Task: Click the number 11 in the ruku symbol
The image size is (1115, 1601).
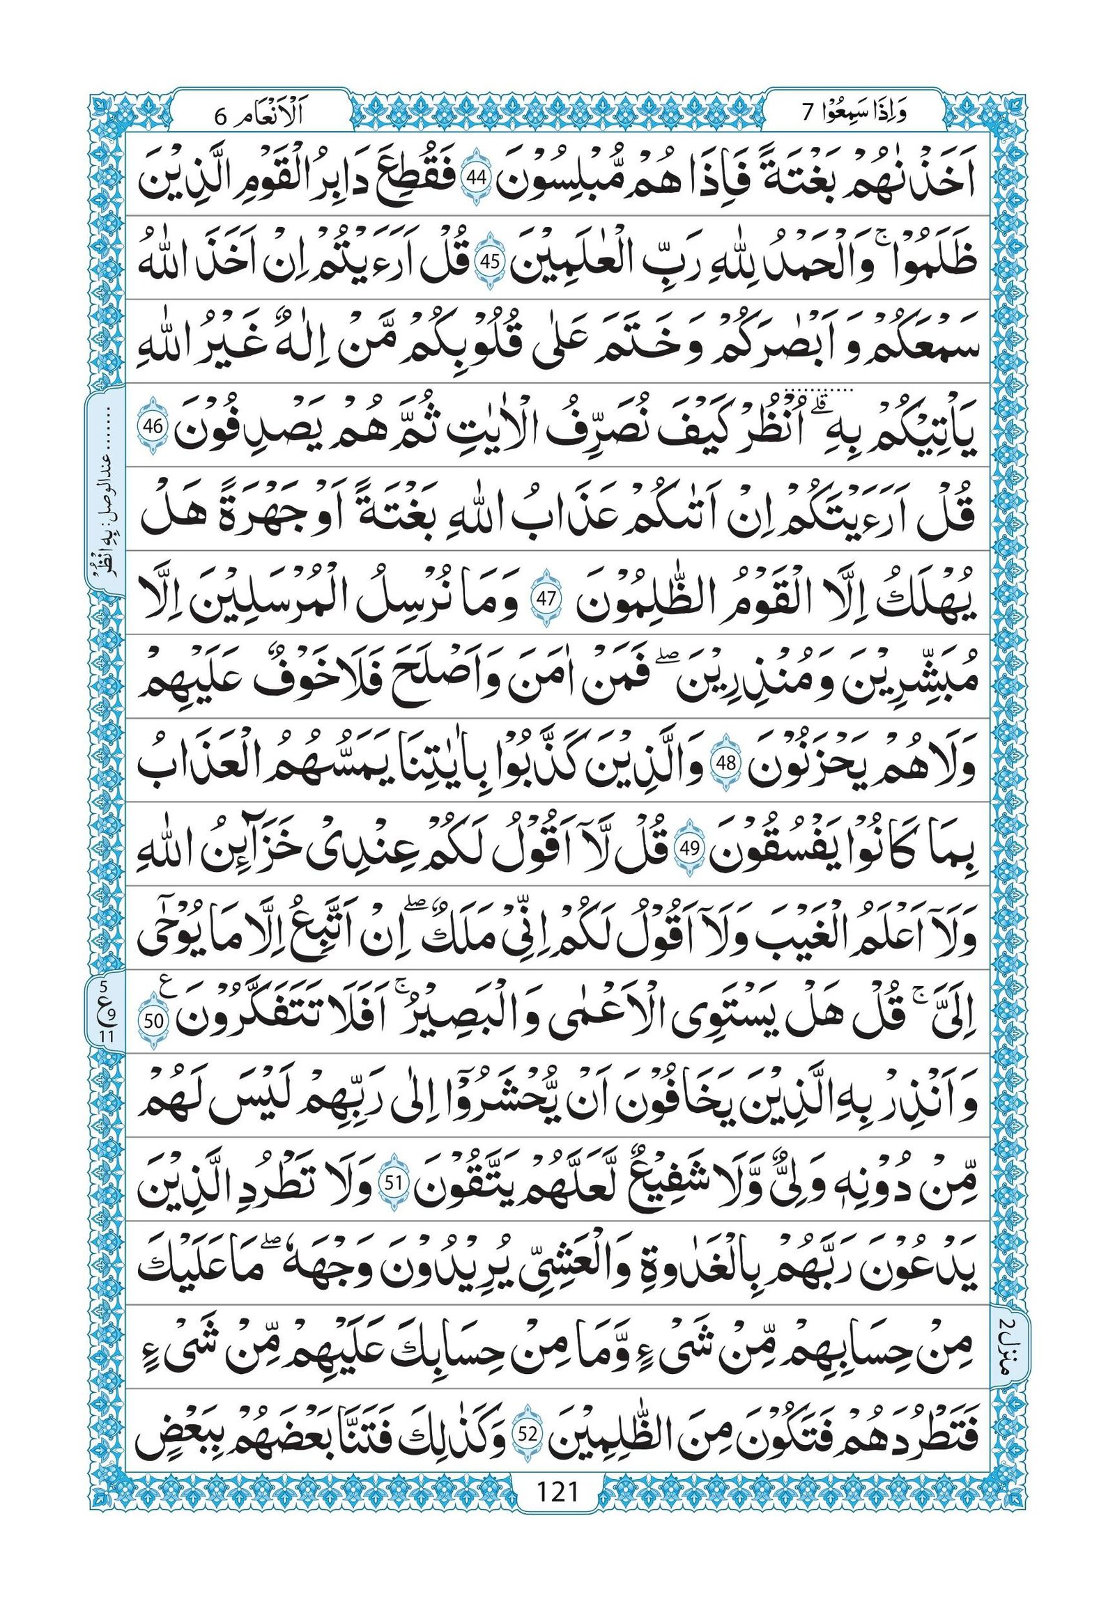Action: pos(106,1035)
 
